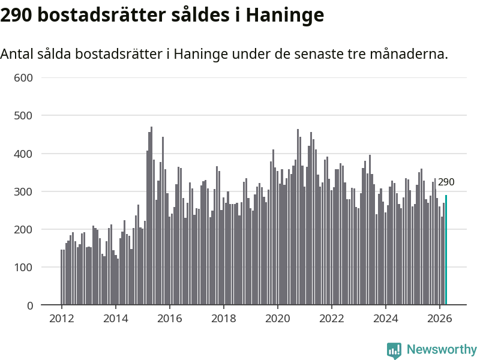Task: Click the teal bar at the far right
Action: pos(446,250)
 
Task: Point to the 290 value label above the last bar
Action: pos(446,182)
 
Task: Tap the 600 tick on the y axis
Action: pos(23,78)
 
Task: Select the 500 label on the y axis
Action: pos(23,116)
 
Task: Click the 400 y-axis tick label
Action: pos(23,154)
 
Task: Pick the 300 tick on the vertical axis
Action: pos(23,191)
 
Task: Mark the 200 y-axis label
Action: pos(23,230)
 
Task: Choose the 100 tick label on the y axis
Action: pos(23,268)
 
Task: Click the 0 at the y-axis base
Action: pos(29,305)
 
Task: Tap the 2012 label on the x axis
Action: pos(62,319)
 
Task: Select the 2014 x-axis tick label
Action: pos(115,319)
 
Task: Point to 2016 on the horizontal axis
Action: pos(170,319)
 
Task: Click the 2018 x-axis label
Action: pos(223,319)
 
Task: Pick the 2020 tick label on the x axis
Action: pos(278,319)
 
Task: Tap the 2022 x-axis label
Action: pos(332,319)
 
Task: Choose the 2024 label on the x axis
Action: pos(386,319)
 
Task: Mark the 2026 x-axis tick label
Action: pos(440,319)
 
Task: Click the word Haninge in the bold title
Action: pos(284,16)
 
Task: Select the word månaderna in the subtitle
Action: pos(409,54)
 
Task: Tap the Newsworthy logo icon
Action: pos(394,350)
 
